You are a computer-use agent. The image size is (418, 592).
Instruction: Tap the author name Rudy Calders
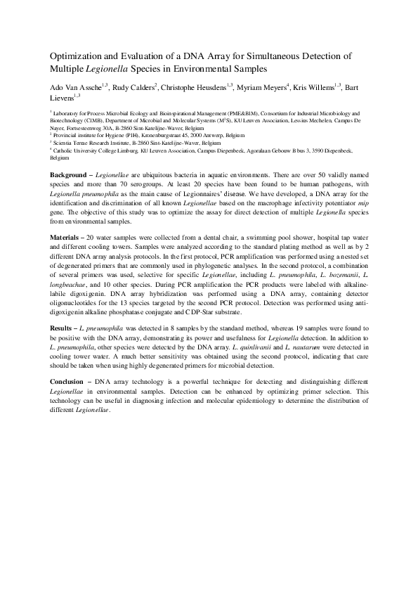pyautogui.click(x=133, y=86)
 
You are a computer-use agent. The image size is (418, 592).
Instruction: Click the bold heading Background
pyautogui.click(x=72, y=174)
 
